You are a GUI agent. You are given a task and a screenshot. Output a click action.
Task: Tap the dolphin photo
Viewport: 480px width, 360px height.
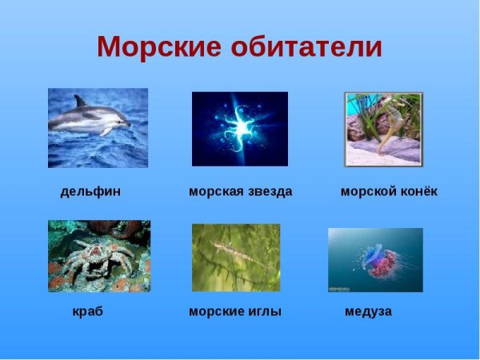tap(98, 127)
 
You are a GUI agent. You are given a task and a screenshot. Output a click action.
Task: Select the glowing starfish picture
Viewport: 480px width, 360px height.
tap(239, 128)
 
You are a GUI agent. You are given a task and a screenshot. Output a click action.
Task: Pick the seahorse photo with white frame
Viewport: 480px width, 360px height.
tap(383, 129)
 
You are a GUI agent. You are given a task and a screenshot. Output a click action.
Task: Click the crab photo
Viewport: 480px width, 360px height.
tap(98, 256)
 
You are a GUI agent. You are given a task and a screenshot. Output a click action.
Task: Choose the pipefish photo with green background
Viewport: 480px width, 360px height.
tap(236, 257)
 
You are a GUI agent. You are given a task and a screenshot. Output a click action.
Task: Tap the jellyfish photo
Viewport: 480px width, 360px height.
tap(375, 259)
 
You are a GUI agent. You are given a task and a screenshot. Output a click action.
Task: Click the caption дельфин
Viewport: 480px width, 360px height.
tap(90, 192)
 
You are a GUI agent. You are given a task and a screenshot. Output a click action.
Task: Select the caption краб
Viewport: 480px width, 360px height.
tap(87, 312)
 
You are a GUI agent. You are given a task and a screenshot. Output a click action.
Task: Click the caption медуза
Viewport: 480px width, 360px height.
tap(368, 312)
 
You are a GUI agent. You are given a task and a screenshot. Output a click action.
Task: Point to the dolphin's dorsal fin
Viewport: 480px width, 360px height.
tap(79, 102)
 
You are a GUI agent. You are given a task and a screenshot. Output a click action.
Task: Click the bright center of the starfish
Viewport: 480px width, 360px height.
tap(238, 125)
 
